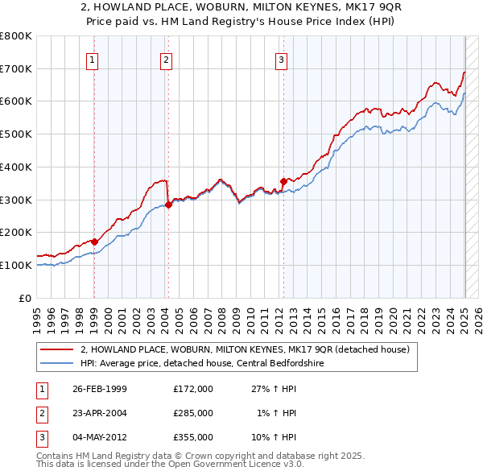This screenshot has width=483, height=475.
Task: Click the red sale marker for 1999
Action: pyautogui.click(x=94, y=242)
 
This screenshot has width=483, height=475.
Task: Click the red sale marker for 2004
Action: pyautogui.click(x=168, y=204)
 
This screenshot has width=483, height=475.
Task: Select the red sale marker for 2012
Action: pyautogui.click(x=283, y=181)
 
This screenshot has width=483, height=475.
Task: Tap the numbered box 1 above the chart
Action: pyautogui.click(x=93, y=59)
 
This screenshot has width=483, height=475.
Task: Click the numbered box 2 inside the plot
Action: pyautogui.click(x=165, y=59)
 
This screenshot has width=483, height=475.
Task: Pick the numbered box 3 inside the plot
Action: pyautogui.click(x=281, y=59)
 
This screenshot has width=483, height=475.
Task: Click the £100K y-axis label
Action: pyautogui.click(x=16, y=265)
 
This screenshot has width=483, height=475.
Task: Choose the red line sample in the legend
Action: pyautogui.click(x=57, y=349)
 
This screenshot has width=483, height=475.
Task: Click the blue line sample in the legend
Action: pyautogui.click(x=57, y=363)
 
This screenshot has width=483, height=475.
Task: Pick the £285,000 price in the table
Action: pyautogui.click(x=192, y=413)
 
